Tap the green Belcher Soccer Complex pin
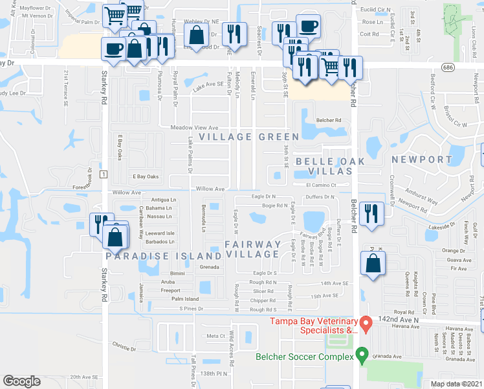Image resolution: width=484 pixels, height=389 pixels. click(x=362, y=356)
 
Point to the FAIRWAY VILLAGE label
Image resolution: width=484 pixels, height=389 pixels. click(x=253, y=250)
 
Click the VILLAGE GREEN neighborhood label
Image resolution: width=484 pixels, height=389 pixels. click(x=249, y=137)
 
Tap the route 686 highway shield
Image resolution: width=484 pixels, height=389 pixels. click(x=448, y=67)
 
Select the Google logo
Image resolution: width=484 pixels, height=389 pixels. click(x=22, y=381)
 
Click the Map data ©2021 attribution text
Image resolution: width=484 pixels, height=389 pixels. click(x=456, y=384)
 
